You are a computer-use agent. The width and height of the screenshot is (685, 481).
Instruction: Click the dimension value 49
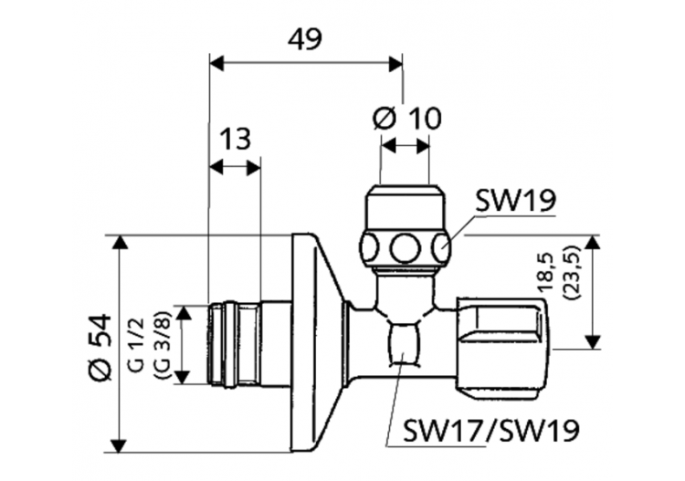pyautogui.click(x=305, y=38)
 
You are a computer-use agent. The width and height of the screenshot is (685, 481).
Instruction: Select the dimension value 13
pyautogui.click(x=235, y=139)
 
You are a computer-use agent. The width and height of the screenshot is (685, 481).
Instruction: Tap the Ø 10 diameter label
pyautogui.click(x=406, y=118)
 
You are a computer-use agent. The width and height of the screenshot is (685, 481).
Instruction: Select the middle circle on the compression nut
pyautogui.click(x=405, y=246)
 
